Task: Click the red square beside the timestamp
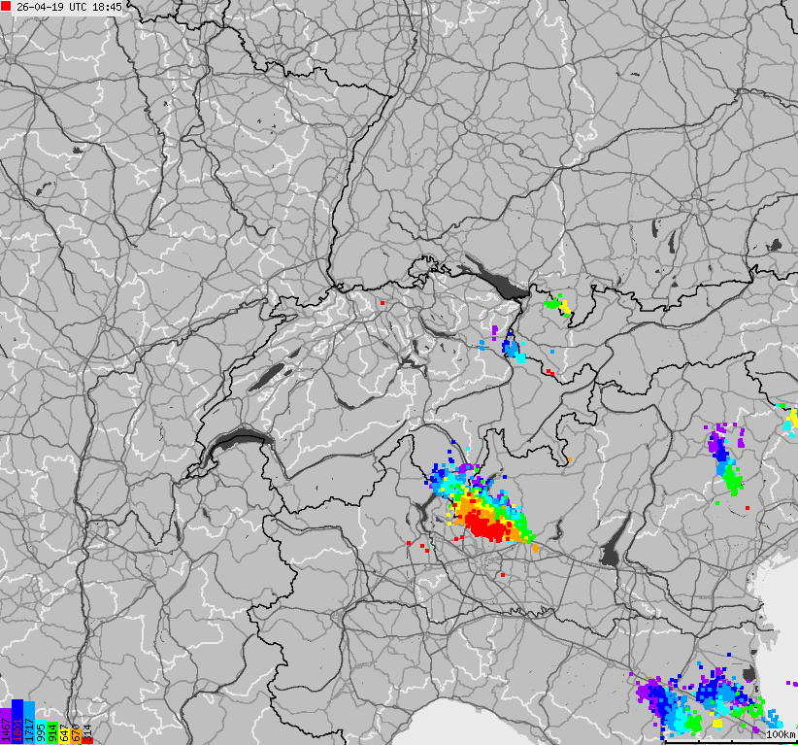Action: point(6,6)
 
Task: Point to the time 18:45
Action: point(108,7)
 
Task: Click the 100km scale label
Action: point(780,734)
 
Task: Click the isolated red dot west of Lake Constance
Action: point(382,302)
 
